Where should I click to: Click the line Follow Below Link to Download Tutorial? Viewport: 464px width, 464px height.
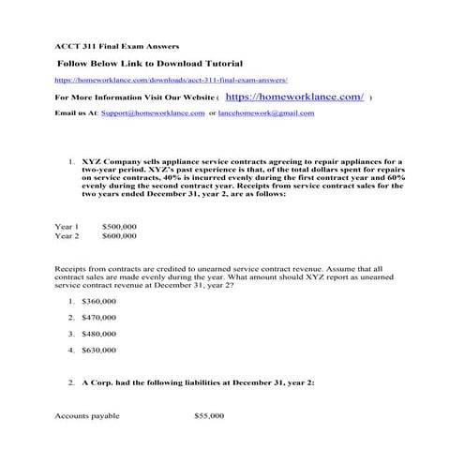(150, 64)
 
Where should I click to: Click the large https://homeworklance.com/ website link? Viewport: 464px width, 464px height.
(294, 97)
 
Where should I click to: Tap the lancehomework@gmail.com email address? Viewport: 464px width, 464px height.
(267, 112)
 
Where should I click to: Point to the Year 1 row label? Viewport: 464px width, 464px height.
(67, 227)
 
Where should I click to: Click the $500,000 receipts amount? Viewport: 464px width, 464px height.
(119, 227)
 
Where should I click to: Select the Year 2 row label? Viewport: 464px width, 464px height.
(67, 236)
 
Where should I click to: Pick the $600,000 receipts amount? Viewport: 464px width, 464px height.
(119, 236)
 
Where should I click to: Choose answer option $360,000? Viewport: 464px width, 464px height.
(99, 301)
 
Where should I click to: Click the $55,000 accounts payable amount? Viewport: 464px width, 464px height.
(209, 413)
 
